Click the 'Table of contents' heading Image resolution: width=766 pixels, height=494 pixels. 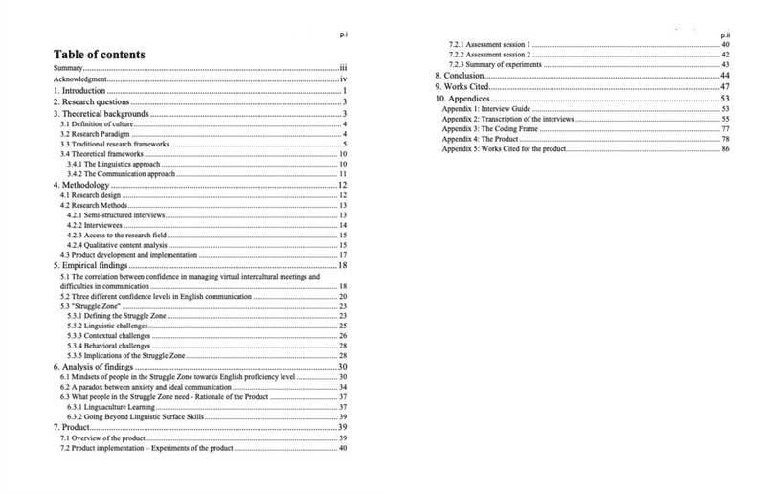(x=100, y=54)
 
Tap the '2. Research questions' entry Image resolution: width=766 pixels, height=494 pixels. (x=92, y=102)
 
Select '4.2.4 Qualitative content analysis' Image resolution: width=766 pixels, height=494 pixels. (x=119, y=246)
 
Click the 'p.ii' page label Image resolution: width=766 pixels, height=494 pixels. (x=724, y=34)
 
